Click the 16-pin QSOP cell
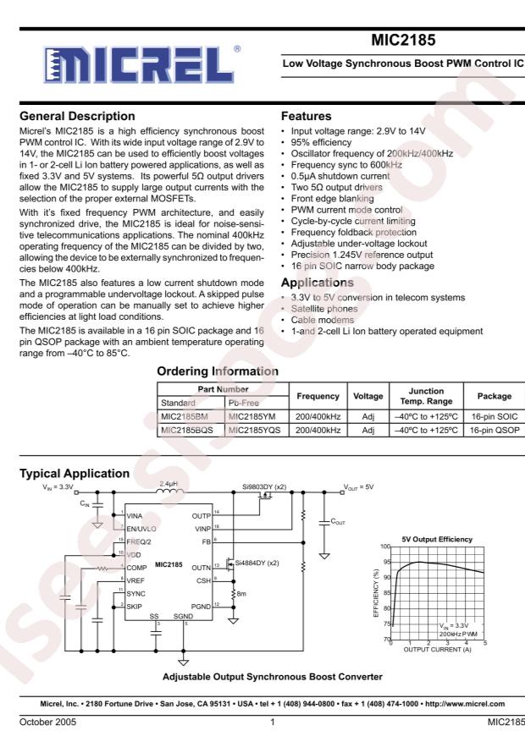tap(489, 431)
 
